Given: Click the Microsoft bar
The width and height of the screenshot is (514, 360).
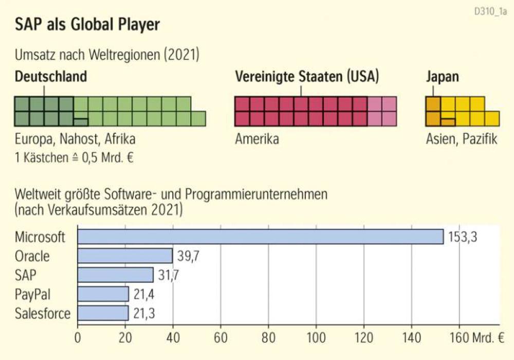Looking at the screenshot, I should point(260,237).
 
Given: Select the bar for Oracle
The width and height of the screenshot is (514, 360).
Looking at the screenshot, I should point(125,256).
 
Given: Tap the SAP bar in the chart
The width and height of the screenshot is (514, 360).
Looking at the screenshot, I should point(115,275).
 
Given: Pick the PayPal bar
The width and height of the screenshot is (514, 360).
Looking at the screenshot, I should point(103,294).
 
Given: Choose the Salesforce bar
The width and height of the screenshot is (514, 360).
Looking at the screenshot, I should point(103,313).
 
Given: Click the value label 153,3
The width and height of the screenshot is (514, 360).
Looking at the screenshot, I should point(462,237).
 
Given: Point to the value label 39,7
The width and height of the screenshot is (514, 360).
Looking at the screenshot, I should point(189,256).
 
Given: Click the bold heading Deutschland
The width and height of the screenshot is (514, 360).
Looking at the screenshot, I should point(51,77).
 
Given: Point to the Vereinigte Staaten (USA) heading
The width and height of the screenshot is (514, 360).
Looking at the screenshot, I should point(307,77).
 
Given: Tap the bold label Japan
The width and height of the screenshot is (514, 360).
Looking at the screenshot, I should point(443,77).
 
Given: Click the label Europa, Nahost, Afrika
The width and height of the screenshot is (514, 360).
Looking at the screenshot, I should point(76,139).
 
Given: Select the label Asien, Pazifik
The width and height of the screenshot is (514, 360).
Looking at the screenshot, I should point(462,139).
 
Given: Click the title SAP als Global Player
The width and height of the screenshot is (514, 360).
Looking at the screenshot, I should point(87,25).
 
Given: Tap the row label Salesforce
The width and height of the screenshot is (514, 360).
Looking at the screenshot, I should point(43,313).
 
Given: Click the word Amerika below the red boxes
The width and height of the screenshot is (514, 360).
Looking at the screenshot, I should point(257,139).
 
